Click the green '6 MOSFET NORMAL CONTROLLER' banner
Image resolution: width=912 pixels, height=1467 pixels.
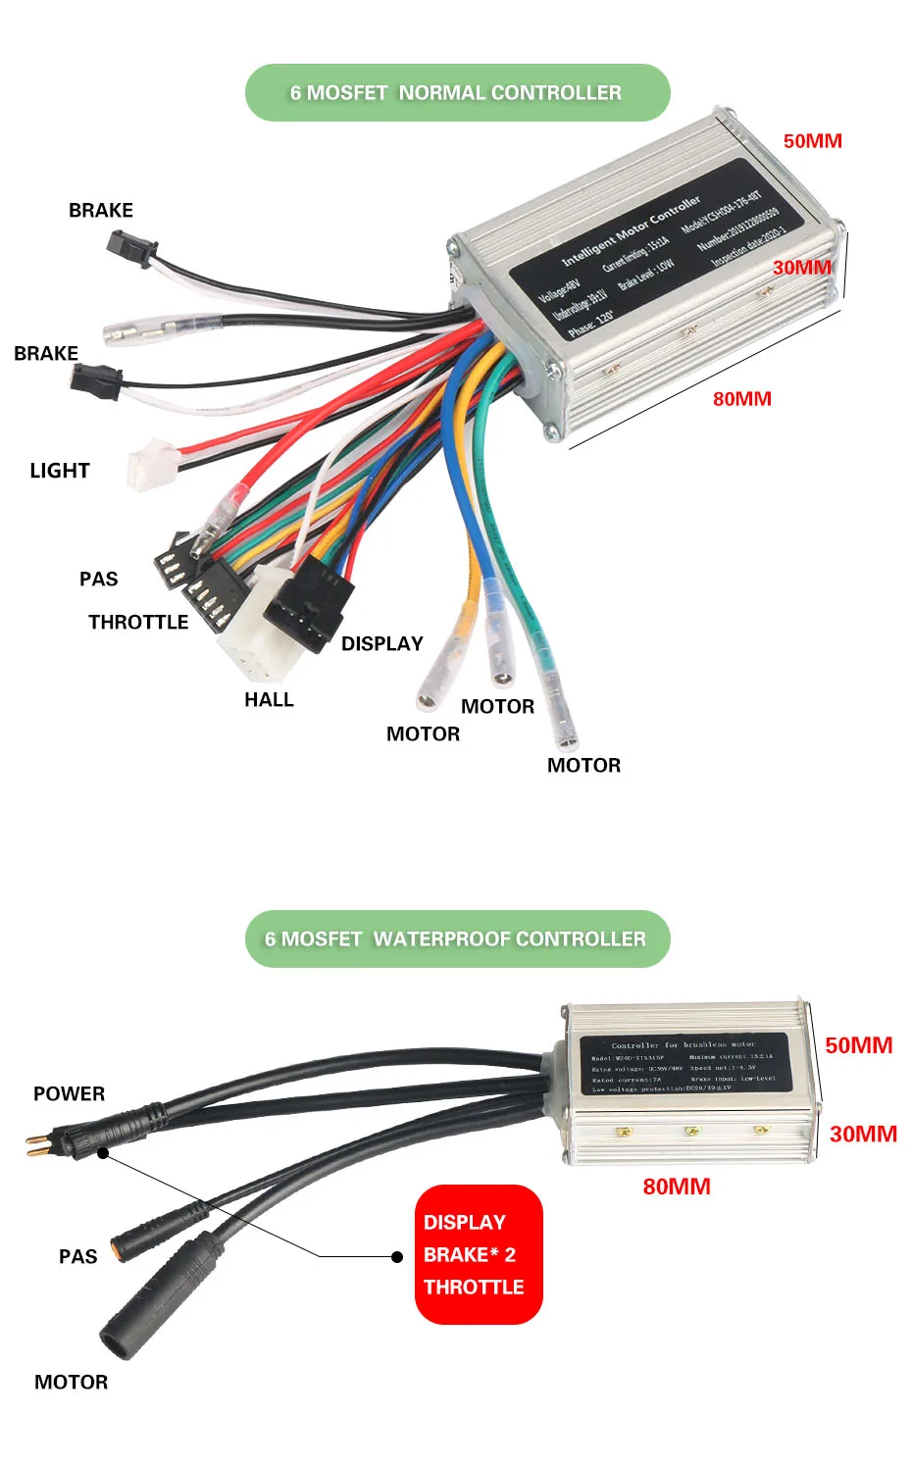pos(457,93)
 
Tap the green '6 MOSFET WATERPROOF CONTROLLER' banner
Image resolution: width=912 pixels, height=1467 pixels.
pos(457,939)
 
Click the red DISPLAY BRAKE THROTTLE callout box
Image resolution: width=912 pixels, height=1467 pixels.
pos(478,1254)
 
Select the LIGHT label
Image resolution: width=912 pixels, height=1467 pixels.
pos(60,471)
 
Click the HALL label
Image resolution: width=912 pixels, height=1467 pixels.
pos(269,699)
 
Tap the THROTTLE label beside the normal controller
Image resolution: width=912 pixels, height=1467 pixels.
pos(138,622)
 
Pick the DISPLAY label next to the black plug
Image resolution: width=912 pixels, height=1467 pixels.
pos(381,643)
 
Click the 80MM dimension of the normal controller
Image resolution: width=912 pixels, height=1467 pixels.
pos(741,398)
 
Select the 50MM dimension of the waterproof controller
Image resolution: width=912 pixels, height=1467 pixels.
pos(858,1045)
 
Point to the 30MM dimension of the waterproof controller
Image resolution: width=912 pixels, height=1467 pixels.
pos(863,1134)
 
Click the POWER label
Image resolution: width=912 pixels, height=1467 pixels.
pos(69,1093)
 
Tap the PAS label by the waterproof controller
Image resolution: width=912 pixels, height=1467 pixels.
pos(78,1256)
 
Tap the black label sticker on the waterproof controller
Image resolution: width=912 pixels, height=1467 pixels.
pos(684,1064)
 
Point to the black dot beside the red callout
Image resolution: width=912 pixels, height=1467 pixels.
pos(397,1256)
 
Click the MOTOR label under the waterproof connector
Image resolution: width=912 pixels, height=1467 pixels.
pos(72,1382)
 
